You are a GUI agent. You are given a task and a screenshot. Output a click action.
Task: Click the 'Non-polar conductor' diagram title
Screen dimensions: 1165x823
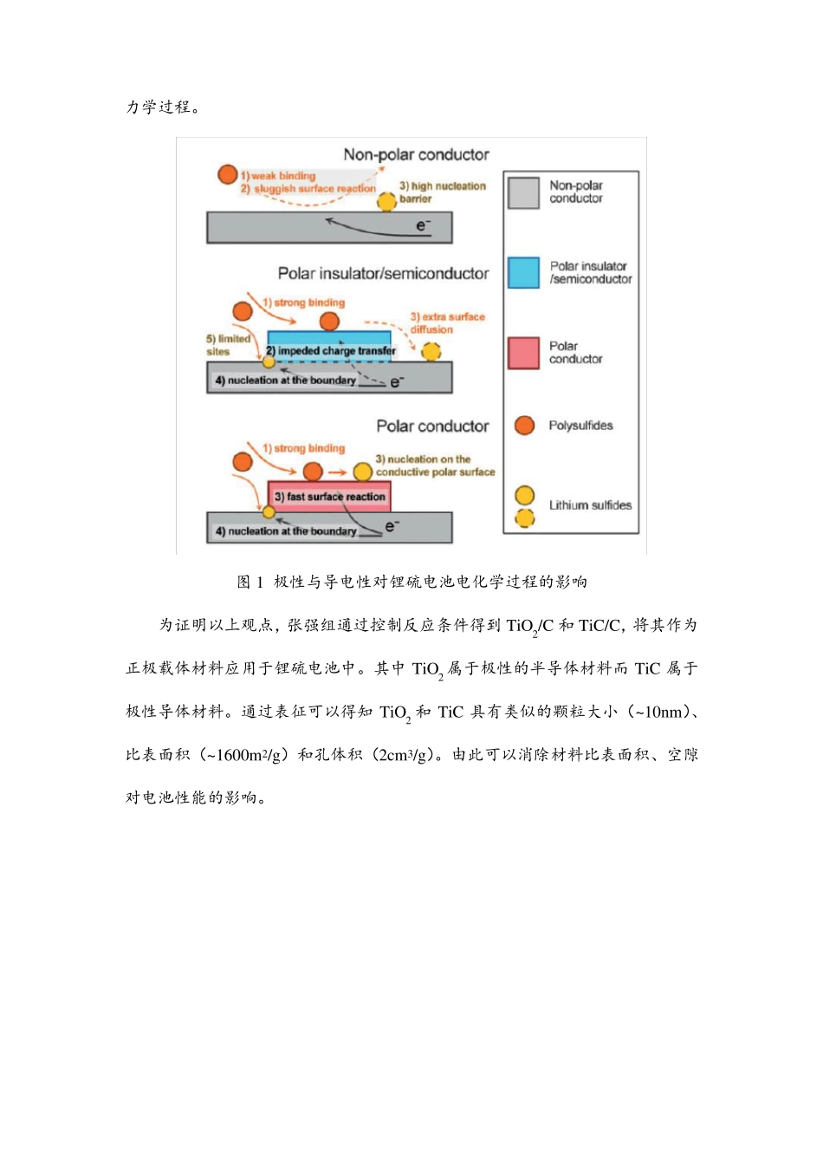tap(416, 155)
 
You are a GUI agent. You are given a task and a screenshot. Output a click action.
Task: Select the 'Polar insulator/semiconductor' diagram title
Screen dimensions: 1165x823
tap(383, 274)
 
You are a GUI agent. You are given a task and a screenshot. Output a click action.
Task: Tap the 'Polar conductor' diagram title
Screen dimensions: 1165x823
tap(432, 426)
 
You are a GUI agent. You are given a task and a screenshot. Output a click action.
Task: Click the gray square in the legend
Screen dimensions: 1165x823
tap(523, 192)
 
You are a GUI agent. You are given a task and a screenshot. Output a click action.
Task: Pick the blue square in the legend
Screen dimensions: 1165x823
tap(523, 273)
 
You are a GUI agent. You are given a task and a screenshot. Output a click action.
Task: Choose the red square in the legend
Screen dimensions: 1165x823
tap(523, 353)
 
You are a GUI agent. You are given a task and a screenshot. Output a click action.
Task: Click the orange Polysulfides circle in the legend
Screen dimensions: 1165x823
tap(524, 426)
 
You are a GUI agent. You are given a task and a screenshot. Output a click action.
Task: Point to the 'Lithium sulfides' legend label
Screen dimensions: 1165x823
tap(590, 505)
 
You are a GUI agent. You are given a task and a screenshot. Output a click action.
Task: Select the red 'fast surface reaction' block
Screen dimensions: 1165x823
tap(329, 497)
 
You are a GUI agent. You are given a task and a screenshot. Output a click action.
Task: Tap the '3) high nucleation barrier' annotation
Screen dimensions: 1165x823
tap(442, 192)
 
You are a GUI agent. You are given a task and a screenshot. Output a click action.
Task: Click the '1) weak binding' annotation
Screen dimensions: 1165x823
tap(279, 176)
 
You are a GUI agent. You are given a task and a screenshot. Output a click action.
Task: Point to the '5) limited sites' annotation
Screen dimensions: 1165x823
tap(227, 345)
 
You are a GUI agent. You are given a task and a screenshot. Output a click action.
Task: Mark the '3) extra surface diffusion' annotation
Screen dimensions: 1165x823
tap(447, 323)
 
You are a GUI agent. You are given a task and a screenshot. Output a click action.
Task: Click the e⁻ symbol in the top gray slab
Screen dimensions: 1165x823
tap(423, 226)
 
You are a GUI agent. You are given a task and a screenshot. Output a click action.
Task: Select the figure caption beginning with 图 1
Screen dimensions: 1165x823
tap(412, 582)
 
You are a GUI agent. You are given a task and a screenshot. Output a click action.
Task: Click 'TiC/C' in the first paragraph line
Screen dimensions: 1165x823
tap(599, 626)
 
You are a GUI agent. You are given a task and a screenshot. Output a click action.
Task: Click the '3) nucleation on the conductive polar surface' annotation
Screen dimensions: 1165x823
tap(435, 465)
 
